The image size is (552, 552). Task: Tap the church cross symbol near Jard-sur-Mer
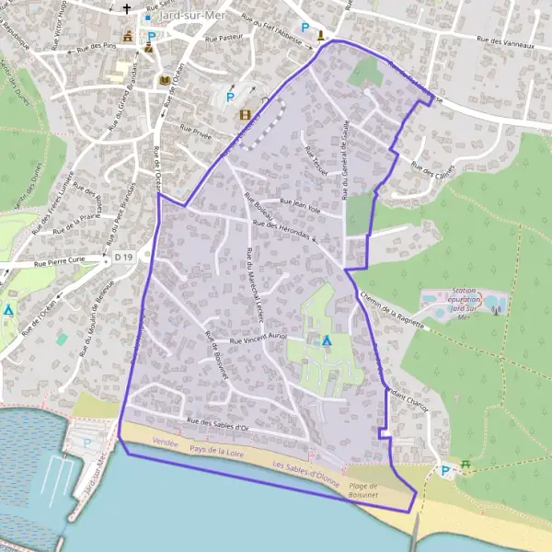[126, 12]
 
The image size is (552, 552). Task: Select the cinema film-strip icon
[245, 115]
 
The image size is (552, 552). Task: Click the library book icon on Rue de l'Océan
[166, 82]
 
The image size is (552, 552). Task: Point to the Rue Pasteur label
[224, 39]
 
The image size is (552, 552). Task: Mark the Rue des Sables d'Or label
[217, 423]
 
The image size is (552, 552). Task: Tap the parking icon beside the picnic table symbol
[446, 471]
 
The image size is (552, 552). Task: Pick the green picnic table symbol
[466, 466]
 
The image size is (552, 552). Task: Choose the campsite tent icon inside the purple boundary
[326, 340]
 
